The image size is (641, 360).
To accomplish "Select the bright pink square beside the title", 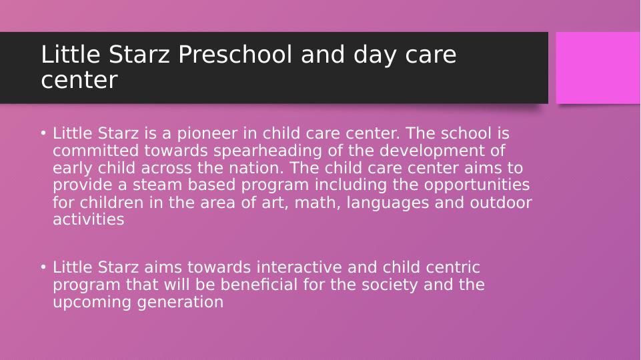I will pyautogui.click(x=598, y=68).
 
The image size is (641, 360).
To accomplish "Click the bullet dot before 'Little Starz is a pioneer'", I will pyautogui.click(x=43, y=133).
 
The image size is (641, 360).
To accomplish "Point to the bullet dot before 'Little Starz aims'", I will pyautogui.click(x=43, y=267).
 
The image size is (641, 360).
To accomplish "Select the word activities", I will pyautogui.click(x=88, y=220).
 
